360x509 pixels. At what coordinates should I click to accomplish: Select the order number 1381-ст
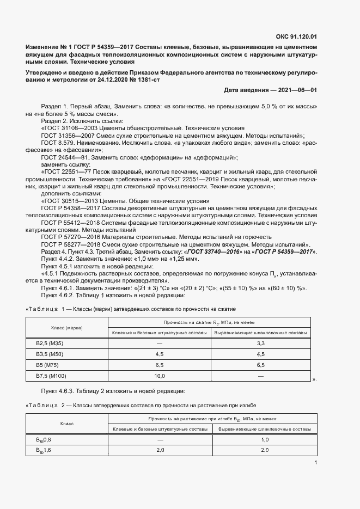(x=147, y=79)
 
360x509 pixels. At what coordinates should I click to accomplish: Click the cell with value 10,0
(x=159, y=376)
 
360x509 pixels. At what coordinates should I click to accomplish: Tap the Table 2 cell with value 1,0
(x=265, y=439)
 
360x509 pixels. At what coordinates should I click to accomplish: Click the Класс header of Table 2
(x=67, y=423)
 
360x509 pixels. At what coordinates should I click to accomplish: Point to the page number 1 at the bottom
(x=315, y=463)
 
